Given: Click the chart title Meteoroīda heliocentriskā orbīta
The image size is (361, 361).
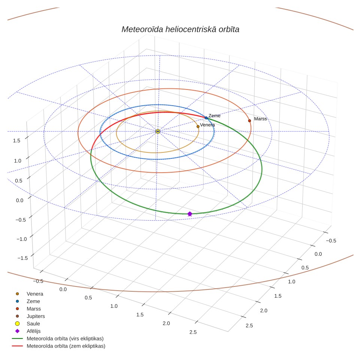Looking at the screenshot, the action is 180,29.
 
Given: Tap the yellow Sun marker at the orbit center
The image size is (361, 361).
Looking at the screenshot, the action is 158,131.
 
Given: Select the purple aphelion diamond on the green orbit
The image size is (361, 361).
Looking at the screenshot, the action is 190,214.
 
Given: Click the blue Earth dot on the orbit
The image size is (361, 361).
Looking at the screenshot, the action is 206,118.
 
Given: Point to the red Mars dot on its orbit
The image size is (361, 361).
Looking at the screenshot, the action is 249,121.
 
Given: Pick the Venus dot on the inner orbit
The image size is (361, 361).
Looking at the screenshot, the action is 198,127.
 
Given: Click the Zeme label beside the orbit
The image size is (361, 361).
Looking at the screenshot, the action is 214,116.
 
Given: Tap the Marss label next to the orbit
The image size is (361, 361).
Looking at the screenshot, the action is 260,119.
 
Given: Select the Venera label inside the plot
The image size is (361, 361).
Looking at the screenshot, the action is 207,125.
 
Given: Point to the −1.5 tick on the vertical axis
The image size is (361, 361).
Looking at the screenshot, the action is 22,258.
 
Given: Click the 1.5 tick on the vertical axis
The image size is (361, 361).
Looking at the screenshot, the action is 16,140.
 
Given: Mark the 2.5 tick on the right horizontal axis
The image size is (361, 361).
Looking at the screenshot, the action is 249,325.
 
